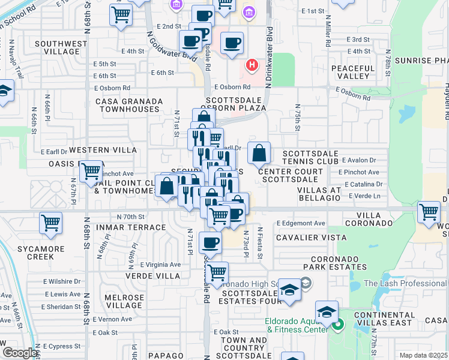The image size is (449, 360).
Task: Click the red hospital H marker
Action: click(x=252, y=64)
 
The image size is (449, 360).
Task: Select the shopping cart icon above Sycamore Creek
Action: click(x=51, y=223)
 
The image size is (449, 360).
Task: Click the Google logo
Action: click(x=20, y=353)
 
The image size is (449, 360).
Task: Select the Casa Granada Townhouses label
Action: click(x=128, y=105)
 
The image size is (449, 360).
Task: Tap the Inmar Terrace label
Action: click(x=128, y=227)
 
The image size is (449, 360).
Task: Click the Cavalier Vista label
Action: click(x=304, y=238)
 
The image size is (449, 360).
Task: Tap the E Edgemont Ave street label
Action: click(x=301, y=223)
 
